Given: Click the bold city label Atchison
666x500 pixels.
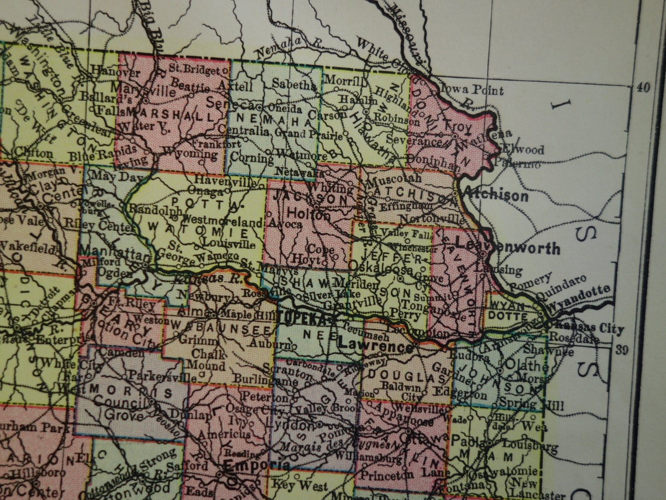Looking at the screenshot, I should click(495, 195).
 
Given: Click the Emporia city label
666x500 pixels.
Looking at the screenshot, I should click(249, 464).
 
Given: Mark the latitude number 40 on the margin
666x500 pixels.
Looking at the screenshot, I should click(643, 87).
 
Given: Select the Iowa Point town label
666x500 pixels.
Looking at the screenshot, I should click(471, 90).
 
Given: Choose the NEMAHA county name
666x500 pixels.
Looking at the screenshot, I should click(272, 121).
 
